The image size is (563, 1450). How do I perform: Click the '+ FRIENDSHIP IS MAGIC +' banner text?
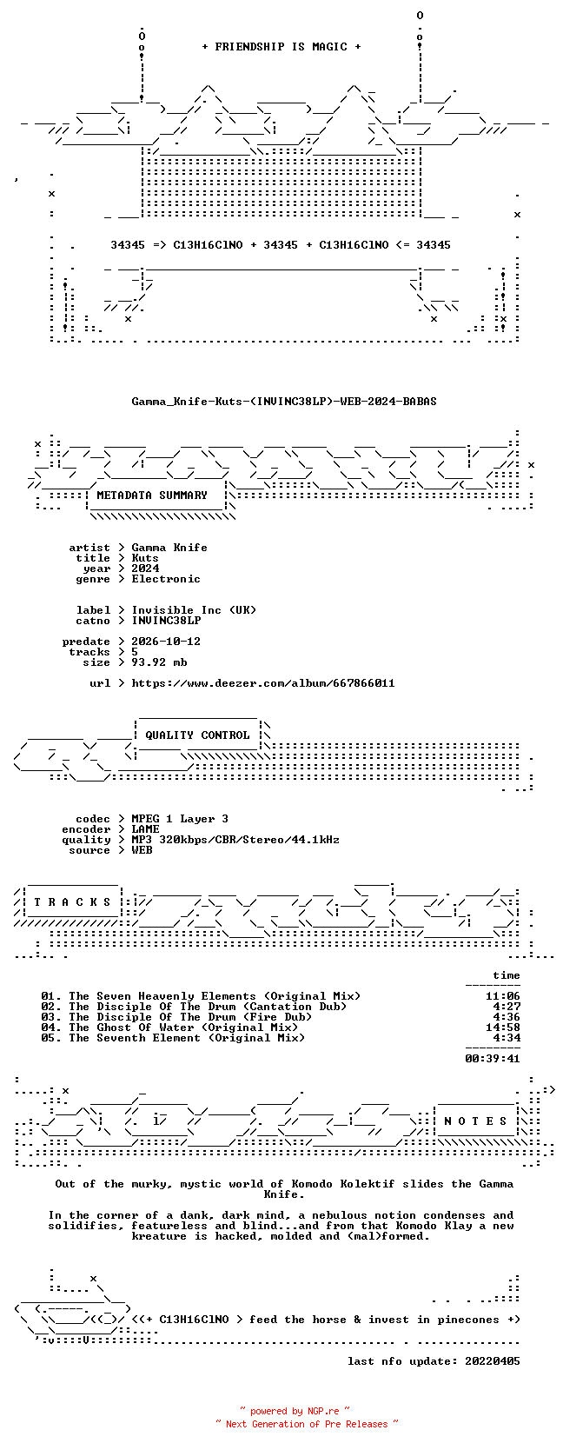coord(281,47)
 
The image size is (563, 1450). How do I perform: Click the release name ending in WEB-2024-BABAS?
coord(284,402)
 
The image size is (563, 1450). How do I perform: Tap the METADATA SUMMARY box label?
coord(152,496)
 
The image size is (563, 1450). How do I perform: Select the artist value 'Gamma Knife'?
coord(169,548)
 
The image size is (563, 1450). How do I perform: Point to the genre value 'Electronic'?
coord(166,579)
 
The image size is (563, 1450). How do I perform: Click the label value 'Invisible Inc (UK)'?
coord(194,609)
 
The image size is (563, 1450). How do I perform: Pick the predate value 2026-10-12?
coord(166,642)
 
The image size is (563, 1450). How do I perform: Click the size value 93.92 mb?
coord(159,662)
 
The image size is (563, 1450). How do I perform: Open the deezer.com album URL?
coord(263,683)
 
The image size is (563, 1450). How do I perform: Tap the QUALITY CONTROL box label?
coord(197,735)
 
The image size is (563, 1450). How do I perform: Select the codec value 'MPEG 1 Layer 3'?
coord(180,819)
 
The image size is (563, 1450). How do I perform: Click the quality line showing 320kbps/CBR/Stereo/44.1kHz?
coord(235,840)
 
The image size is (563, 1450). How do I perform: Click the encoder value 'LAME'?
coord(146,829)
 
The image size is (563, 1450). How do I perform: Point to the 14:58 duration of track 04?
coord(503,1028)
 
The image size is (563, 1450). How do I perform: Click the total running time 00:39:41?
coord(493,1058)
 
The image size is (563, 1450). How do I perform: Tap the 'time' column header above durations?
coord(506,975)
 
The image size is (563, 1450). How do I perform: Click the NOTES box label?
coord(475,1121)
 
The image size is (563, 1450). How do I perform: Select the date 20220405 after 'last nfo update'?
coord(493,1361)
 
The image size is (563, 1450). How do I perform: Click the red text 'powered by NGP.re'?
coord(295,1411)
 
